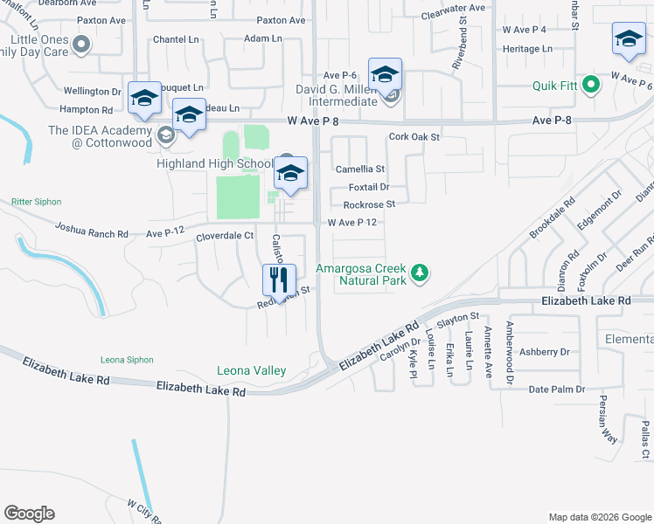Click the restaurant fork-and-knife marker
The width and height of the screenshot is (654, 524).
click(279, 279)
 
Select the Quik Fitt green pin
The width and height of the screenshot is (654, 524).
click(590, 85)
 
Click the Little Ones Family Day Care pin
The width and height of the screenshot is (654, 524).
click(81, 44)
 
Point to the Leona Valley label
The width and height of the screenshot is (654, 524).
click(252, 371)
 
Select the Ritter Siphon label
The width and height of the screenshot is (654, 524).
click(37, 202)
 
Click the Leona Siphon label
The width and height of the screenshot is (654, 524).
click(127, 360)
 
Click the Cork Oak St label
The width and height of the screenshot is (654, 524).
click(414, 137)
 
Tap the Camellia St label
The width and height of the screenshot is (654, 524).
click(360, 169)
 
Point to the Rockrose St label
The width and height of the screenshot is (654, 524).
click(369, 204)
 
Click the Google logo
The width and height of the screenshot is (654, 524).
click(29, 514)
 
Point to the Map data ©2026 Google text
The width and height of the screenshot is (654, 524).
click(599, 517)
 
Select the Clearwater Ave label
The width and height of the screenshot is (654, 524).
click(452, 8)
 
